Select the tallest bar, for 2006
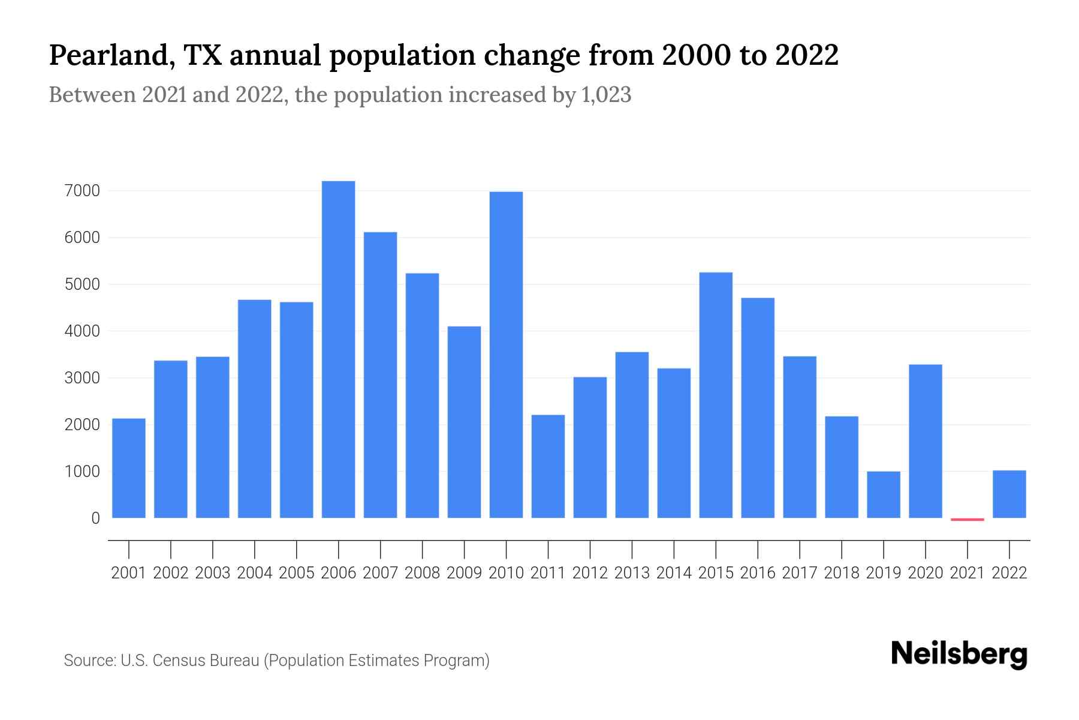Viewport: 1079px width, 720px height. [x=338, y=349]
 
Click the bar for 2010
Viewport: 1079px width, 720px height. [x=506, y=355]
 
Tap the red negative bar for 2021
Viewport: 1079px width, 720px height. [x=967, y=519]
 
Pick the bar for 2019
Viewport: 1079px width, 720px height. [x=884, y=494]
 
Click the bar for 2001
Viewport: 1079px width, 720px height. [x=129, y=468]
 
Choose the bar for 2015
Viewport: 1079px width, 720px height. [x=716, y=395]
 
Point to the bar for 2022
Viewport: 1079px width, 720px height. [x=1009, y=494]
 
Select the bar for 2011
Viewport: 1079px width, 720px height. [x=548, y=466]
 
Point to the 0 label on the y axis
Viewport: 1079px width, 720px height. [x=95, y=518]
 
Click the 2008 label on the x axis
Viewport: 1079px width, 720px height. [x=422, y=573]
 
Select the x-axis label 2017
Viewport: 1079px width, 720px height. [x=799, y=573]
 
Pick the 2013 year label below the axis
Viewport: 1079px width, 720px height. [x=632, y=573]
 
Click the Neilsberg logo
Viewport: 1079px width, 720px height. [x=959, y=655]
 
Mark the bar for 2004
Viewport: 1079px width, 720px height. [x=254, y=409]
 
